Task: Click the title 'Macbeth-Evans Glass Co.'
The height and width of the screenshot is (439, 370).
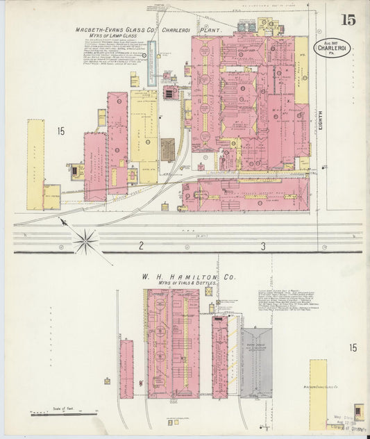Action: pos(115,31)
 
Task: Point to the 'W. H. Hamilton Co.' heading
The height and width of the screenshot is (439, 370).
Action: pos(188,276)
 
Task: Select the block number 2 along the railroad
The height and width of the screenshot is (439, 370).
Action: pos(140,246)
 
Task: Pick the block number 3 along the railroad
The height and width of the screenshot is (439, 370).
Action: pos(263,246)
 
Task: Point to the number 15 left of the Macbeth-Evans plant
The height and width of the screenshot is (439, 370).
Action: pos(61,131)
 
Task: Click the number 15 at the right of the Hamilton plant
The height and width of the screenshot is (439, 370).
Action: pos(354,348)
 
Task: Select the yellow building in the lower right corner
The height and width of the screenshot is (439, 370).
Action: pos(318,389)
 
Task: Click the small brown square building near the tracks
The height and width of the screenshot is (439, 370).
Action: pos(167,149)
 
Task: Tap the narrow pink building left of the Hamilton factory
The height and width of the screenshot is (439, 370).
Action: pos(126,369)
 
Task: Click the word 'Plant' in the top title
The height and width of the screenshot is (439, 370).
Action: pos(212,31)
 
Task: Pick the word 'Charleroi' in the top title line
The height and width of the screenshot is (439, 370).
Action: pos(180,31)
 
